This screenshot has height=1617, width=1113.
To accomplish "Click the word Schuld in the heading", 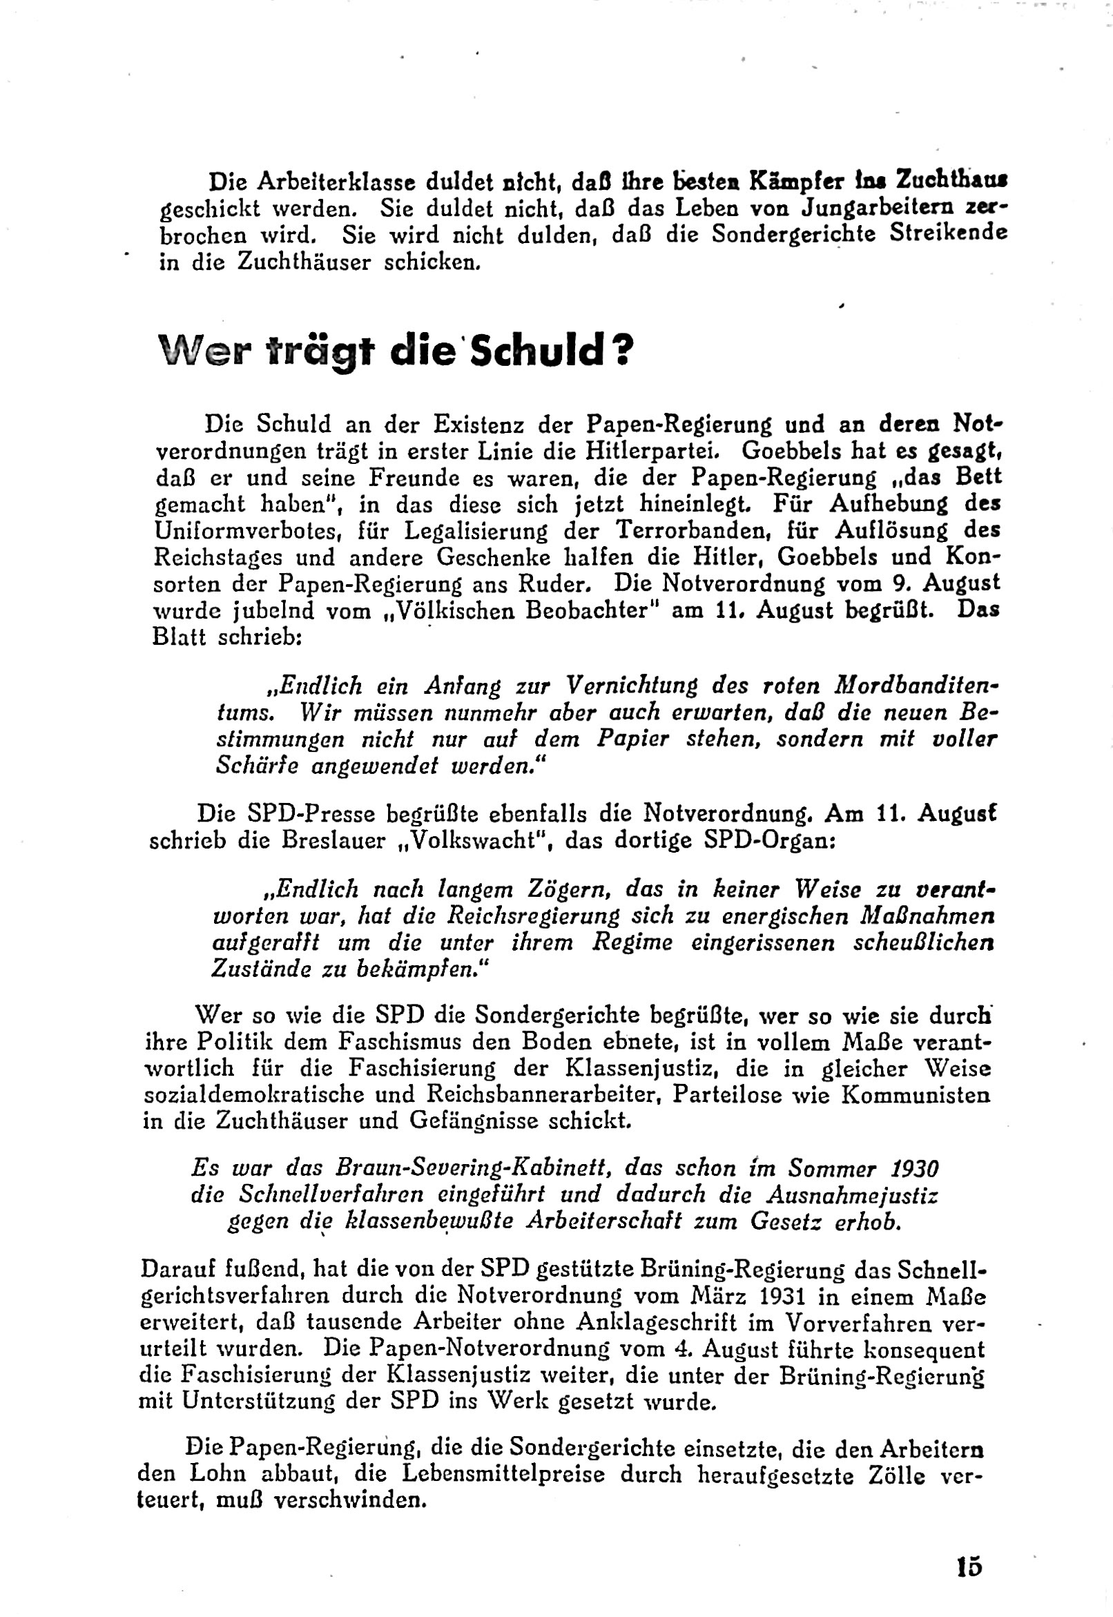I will (535, 351).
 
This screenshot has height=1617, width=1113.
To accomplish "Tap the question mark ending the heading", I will (623, 351).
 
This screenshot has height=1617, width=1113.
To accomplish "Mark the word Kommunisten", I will (916, 1094).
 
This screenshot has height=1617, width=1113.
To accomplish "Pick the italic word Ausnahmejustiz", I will (852, 1195).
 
